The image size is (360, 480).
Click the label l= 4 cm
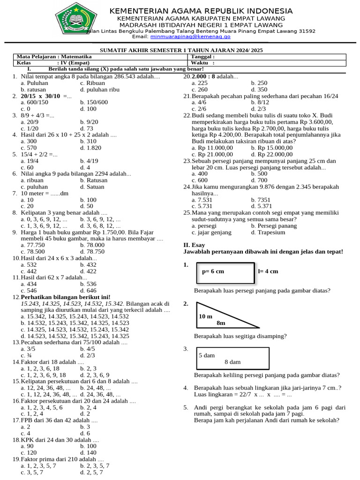(x=268, y=271)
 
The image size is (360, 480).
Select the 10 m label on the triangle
(x=206, y=316)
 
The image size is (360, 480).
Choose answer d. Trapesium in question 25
(x=268, y=232)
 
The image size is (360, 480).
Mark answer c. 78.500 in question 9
(x=33, y=252)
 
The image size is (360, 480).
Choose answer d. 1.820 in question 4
(x=90, y=148)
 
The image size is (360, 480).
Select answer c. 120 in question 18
(x=29, y=453)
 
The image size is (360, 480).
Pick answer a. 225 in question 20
(x=200, y=83)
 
